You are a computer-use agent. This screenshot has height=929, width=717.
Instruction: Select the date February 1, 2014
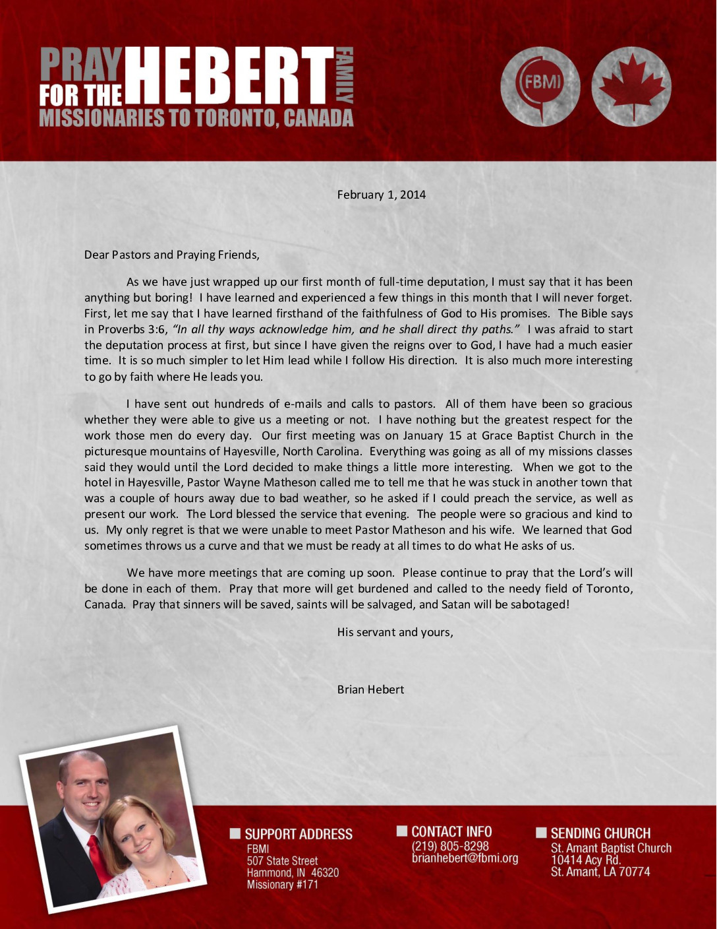coord(381,195)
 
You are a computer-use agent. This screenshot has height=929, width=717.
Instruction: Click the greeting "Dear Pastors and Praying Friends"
coord(171,255)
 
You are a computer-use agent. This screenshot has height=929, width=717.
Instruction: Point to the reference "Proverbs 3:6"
coord(133,329)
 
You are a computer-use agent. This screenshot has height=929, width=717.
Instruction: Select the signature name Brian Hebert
coord(370,689)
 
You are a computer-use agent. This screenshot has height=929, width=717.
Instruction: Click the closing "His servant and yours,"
coord(395,632)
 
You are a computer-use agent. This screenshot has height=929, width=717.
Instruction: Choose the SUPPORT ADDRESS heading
coord(298,834)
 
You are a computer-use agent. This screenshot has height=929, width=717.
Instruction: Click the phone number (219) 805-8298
coord(450,846)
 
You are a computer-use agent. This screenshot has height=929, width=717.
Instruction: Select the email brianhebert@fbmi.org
coord(465,858)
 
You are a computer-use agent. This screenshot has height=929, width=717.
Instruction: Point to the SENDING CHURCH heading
coord(600,833)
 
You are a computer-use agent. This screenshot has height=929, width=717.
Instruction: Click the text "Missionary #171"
coord(282,884)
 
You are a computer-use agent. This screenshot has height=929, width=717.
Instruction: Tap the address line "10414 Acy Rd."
coord(586,860)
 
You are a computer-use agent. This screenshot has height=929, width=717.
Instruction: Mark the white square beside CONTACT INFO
coord(401,831)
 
